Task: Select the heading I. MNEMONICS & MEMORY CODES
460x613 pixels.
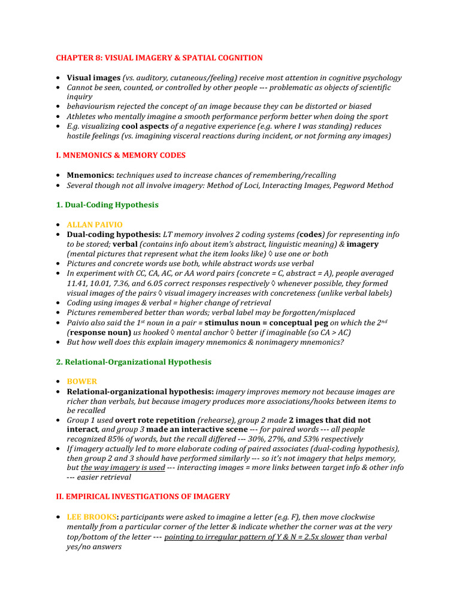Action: (x=120, y=156)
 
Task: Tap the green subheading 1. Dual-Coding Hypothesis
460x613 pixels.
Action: (x=107, y=205)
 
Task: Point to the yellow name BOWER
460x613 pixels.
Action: (x=81, y=381)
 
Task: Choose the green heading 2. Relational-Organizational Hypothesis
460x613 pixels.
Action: (x=134, y=362)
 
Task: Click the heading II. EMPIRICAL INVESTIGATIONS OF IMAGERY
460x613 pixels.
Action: (x=143, y=497)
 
